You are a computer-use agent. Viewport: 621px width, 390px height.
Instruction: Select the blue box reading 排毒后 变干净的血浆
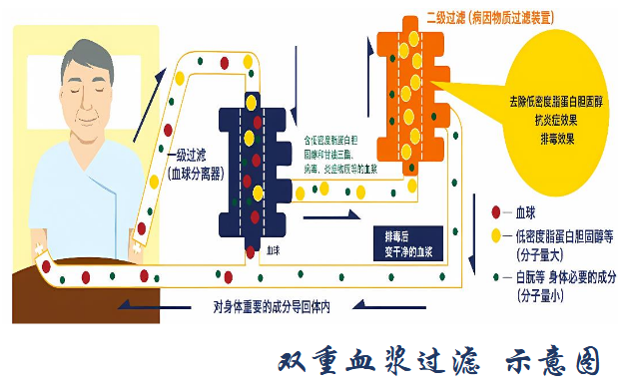(x=410, y=239)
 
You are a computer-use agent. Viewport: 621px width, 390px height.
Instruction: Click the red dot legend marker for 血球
(x=496, y=212)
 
